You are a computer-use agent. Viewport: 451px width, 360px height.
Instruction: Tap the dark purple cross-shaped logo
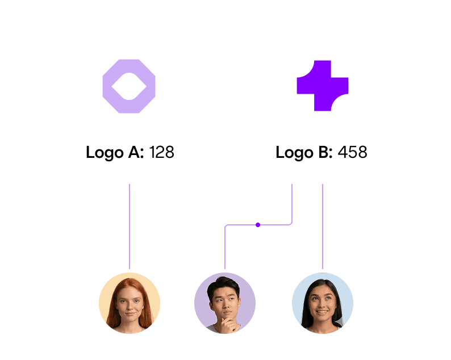(322, 85)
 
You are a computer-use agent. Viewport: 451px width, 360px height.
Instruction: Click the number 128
(161, 152)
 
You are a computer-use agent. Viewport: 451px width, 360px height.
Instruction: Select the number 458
(352, 152)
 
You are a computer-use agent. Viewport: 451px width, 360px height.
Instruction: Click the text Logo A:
(115, 152)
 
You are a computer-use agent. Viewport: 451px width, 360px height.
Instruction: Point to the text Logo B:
(304, 152)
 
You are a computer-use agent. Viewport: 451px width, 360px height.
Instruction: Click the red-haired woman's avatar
(130, 302)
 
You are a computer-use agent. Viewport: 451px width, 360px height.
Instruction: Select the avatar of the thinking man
(225, 302)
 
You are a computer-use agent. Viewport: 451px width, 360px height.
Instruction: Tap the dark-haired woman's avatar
(322, 302)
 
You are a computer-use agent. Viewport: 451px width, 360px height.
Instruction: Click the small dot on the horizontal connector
(258, 225)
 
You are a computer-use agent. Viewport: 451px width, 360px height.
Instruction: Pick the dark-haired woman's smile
(321, 312)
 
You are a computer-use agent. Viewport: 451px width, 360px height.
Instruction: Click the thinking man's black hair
(224, 284)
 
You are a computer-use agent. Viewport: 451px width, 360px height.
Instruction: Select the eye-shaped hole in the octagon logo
(129, 86)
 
